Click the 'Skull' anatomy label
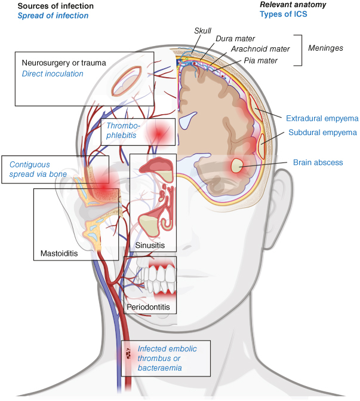(203, 30)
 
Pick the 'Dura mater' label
(232, 39)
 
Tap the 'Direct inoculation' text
(53, 74)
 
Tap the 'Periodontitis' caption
(149, 307)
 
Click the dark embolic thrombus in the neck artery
(128, 354)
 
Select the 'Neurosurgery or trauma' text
(66, 62)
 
